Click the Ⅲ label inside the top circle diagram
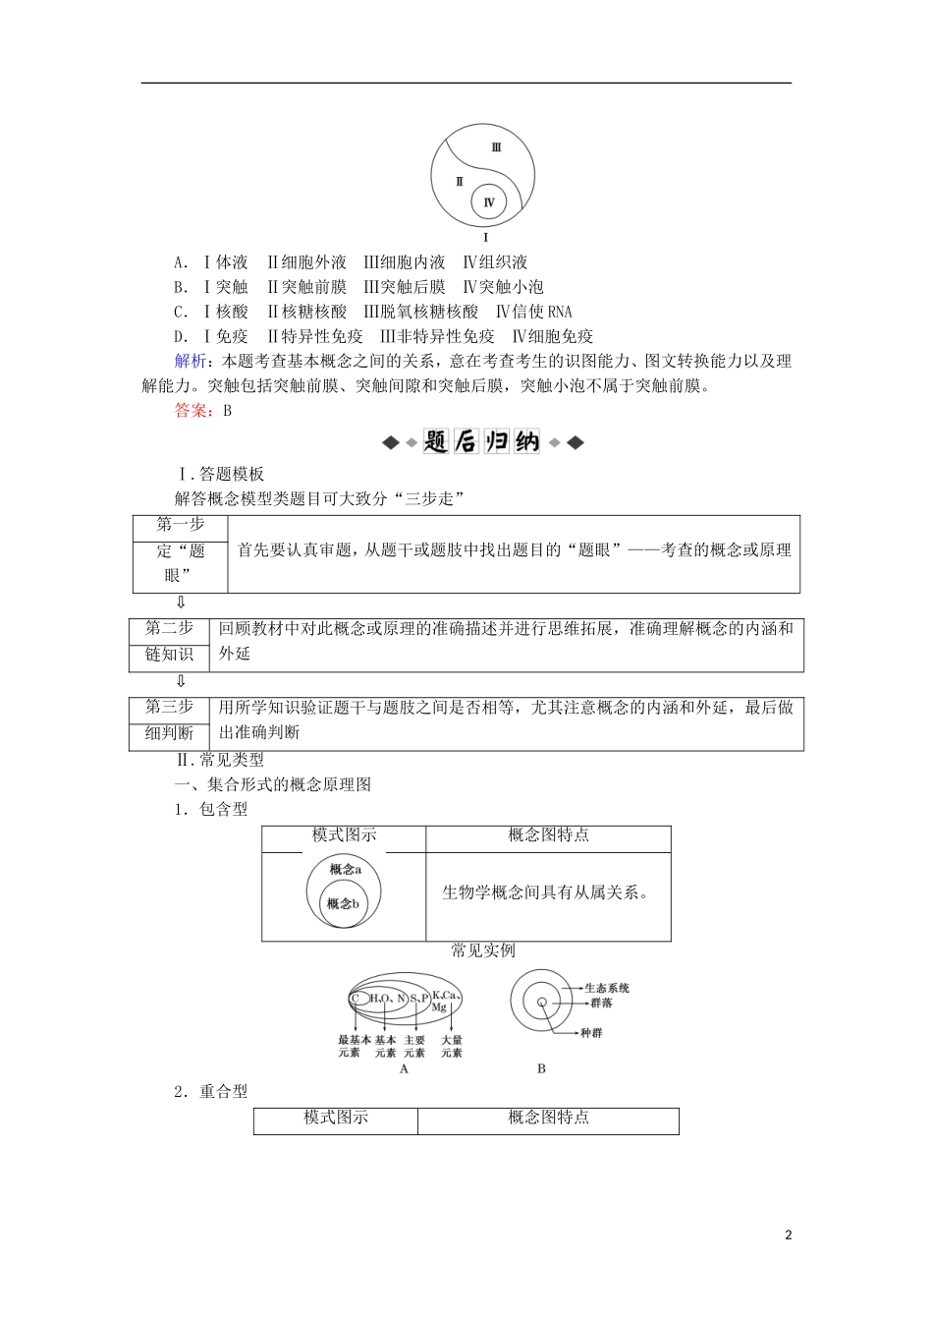[496, 147]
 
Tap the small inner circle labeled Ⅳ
[488, 203]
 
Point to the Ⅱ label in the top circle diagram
[459, 182]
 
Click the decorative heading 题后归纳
[482, 442]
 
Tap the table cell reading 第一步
[180, 525]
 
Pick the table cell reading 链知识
[169, 655]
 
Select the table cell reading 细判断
[169, 733]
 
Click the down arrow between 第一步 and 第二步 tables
[181, 603]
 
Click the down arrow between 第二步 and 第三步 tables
[181, 681]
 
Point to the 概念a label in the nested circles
[345, 870]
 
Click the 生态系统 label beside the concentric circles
[606, 988]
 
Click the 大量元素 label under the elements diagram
[452, 1046]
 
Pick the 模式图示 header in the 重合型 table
[336, 1118]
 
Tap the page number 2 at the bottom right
[788, 1235]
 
